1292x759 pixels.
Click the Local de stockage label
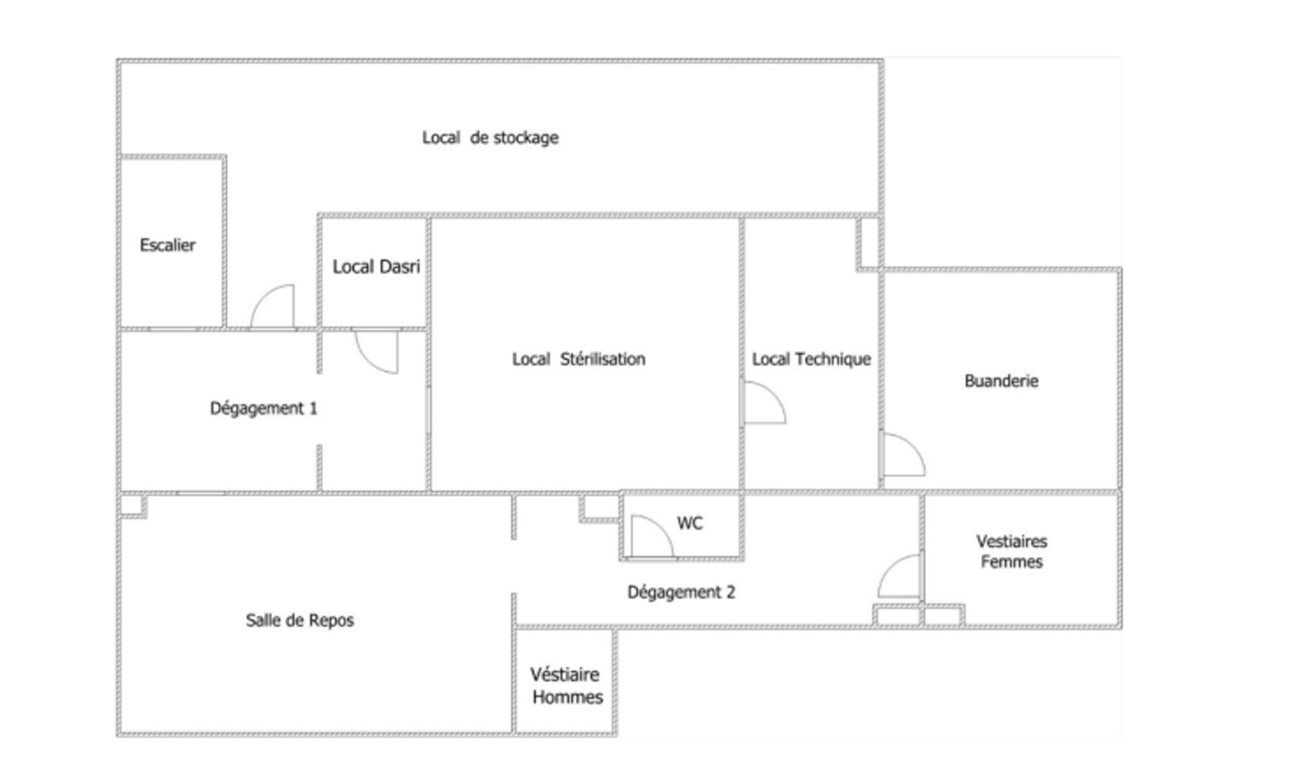[490, 138]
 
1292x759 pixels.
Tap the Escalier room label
[167, 245]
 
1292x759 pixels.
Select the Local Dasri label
[376, 267]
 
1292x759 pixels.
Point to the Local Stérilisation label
[579, 359]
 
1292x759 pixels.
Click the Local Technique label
[811, 359]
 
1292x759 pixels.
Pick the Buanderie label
[1001, 381]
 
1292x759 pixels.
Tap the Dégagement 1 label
[263, 408]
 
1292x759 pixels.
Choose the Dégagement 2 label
[681, 592]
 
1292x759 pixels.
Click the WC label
[690, 524]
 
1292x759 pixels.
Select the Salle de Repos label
[300, 621]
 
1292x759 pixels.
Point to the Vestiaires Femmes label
[1012, 552]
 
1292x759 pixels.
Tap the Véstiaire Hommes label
[566, 686]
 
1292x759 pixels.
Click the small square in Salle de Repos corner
[133, 506]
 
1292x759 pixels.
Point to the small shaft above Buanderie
[869, 243]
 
